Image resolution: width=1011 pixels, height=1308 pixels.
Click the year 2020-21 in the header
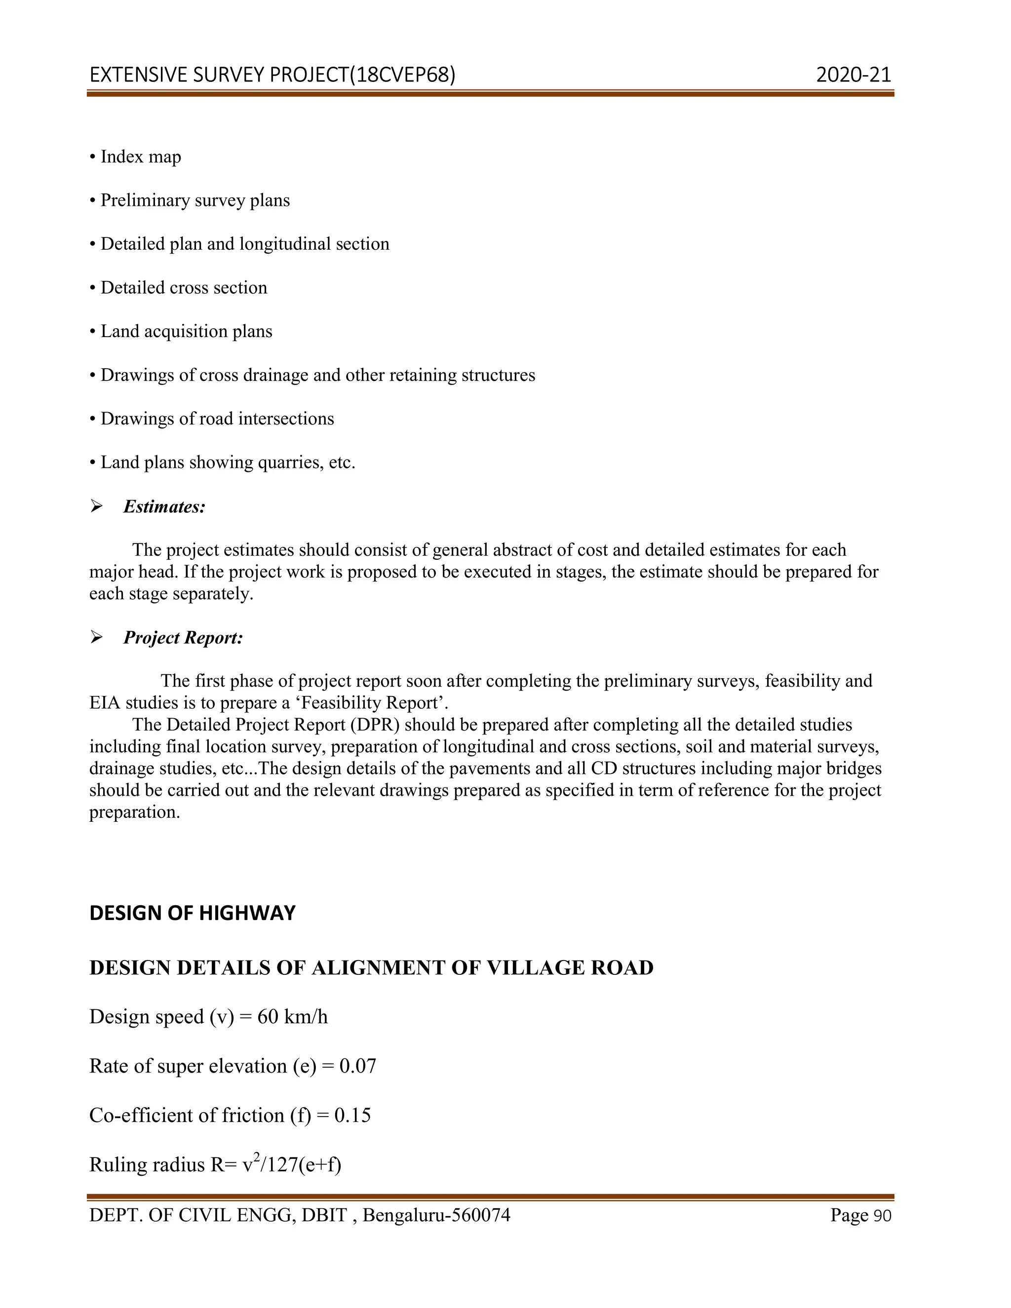(x=853, y=75)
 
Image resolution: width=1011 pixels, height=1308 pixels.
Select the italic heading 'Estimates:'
(x=164, y=507)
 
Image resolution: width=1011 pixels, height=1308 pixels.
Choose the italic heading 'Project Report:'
(x=183, y=638)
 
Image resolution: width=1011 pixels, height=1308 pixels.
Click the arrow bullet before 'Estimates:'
(x=96, y=507)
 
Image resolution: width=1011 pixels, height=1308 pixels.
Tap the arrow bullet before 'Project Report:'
(x=96, y=638)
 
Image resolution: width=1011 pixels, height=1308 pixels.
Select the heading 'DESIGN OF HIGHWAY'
(x=192, y=913)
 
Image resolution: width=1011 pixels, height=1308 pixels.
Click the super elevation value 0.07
(x=357, y=1067)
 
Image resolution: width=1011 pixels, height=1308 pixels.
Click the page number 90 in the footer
(x=882, y=1216)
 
